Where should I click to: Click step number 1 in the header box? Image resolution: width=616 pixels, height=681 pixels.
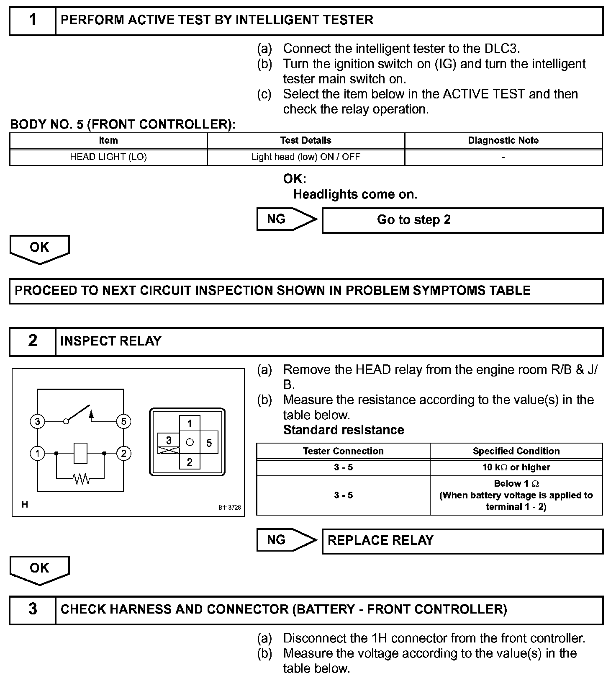tap(33, 20)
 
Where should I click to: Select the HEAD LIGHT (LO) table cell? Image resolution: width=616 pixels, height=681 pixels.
tap(108, 157)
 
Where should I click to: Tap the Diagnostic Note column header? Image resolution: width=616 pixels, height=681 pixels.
tap(503, 140)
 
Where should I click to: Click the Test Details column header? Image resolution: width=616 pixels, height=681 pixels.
tap(305, 140)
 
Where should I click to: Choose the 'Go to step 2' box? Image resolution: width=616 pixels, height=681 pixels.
tap(462, 220)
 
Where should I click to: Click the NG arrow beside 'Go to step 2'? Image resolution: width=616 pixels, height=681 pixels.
tap(286, 219)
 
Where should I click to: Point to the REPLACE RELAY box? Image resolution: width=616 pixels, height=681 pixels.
tap(462, 541)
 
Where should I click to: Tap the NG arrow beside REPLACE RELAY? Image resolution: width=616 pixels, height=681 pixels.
tap(286, 540)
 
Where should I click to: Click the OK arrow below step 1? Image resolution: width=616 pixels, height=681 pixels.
tap(39, 248)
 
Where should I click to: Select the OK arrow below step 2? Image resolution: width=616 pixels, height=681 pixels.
tap(39, 569)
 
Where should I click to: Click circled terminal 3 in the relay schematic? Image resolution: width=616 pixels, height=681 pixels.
tap(37, 421)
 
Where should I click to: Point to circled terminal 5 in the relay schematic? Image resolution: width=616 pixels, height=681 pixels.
tap(123, 421)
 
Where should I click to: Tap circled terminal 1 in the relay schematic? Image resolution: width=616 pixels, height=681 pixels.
tap(37, 453)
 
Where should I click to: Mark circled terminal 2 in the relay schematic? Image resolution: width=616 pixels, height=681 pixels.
tap(123, 453)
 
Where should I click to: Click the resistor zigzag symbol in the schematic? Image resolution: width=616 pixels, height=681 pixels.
tap(81, 478)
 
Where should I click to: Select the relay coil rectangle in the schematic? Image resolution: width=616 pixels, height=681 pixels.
tap(80, 453)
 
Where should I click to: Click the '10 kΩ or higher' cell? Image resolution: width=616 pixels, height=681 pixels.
tap(516, 467)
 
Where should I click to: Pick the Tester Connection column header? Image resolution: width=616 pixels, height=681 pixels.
tap(343, 451)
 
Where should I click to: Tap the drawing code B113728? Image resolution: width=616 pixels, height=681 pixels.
tap(229, 507)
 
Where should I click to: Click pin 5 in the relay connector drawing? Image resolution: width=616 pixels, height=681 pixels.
tap(209, 443)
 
